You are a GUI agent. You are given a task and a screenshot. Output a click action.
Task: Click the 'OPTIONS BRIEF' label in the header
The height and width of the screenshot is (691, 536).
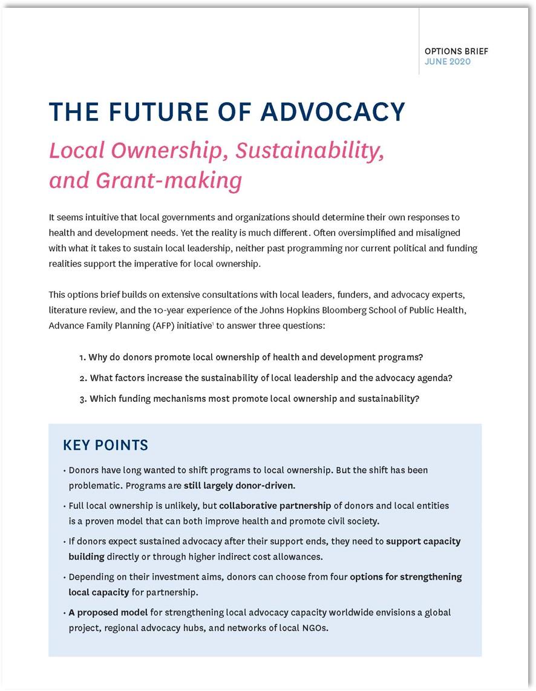(456, 51)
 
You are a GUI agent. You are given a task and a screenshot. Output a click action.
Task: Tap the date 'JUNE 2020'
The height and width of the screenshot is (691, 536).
(447, 62)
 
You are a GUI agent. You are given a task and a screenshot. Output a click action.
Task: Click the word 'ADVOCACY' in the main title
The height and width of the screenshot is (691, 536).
(332, 112)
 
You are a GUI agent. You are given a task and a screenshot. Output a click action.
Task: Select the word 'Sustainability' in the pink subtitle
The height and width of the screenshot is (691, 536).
(309, 151)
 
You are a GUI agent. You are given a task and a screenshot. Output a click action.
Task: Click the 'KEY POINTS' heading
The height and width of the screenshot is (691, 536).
(105, 445)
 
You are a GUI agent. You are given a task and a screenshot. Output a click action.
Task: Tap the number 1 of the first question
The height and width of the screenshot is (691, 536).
(82, 357)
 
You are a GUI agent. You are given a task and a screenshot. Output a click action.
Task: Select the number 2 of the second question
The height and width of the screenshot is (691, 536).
(82, 378)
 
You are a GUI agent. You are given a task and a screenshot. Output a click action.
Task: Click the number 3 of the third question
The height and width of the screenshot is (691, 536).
(82, 399)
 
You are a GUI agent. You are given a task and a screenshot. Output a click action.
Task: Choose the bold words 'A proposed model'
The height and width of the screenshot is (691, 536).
(108, 612)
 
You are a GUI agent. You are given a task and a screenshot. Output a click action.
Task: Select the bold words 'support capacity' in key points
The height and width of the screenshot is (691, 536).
(423, 541)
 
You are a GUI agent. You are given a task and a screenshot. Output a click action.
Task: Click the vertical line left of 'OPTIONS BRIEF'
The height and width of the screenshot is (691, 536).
(419, 42)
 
